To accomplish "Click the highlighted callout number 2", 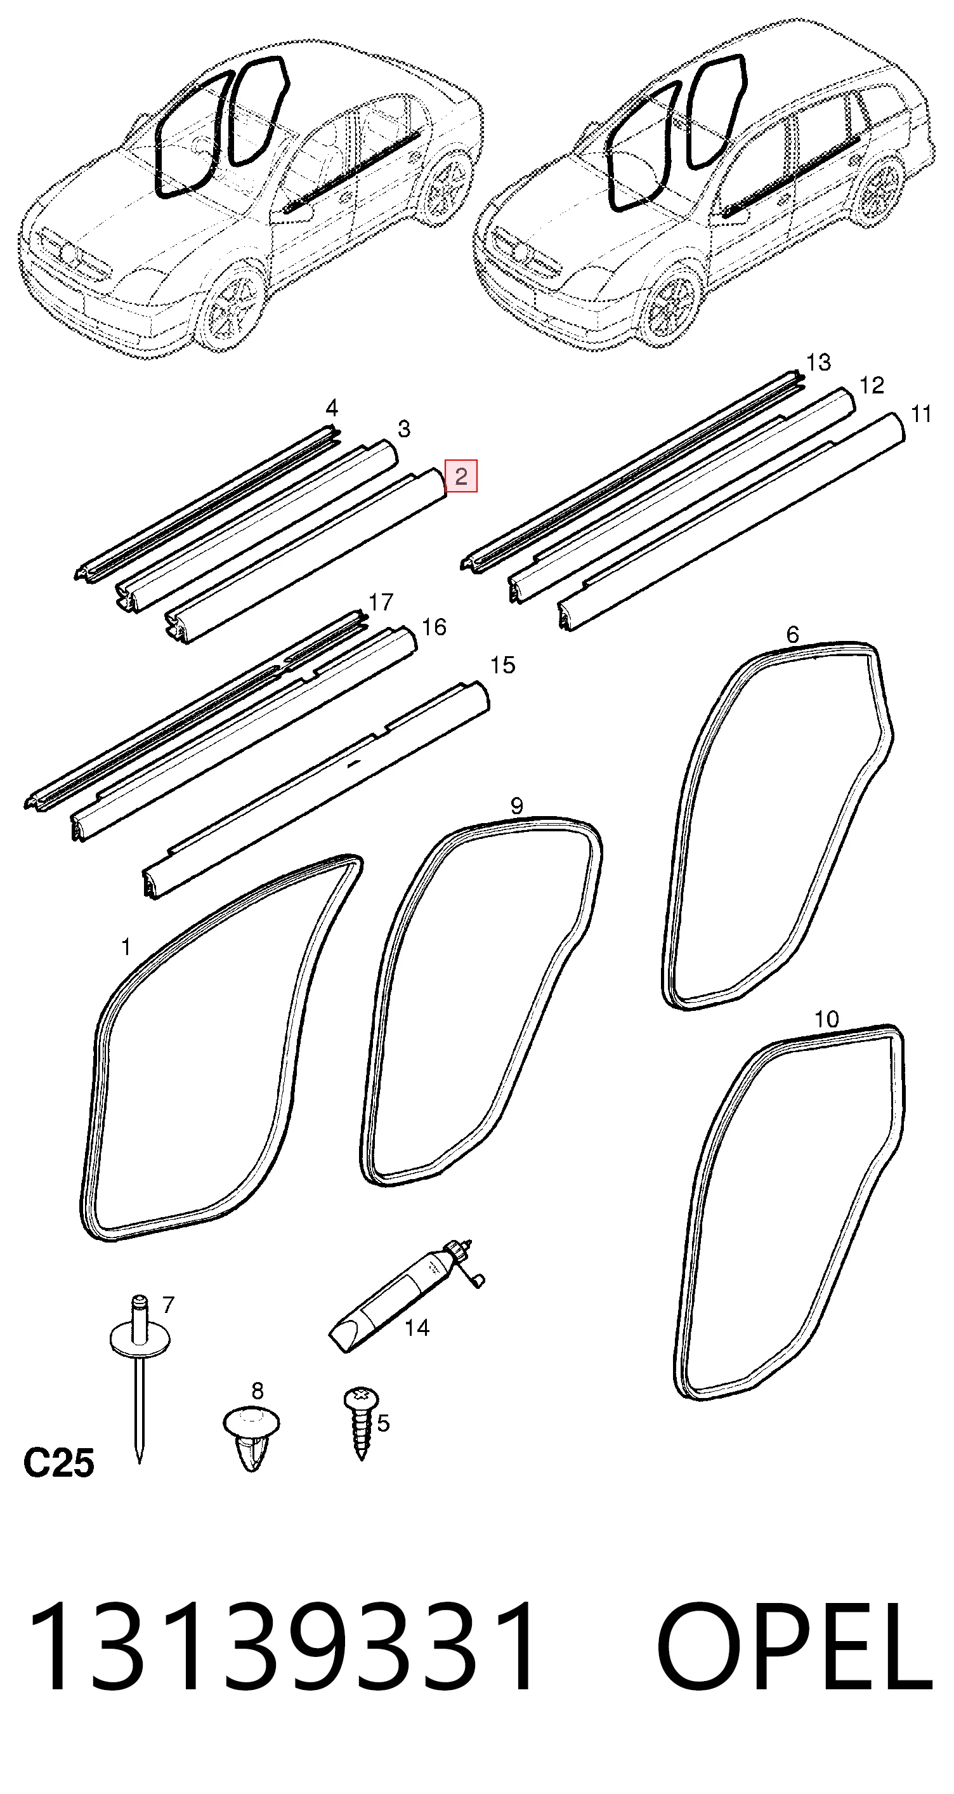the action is click(461, 477).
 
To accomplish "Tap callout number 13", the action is click(818, 362).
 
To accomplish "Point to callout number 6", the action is click(792, 635).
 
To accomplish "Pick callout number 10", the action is click(827, 1020).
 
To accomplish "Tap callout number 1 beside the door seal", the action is click(126, 947).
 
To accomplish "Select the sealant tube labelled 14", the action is click(405, 1296).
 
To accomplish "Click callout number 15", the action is click(502, 665).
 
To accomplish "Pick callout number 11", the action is click(921, 414).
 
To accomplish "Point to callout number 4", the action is click(332, 407).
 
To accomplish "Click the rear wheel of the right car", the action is click(878, 190).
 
